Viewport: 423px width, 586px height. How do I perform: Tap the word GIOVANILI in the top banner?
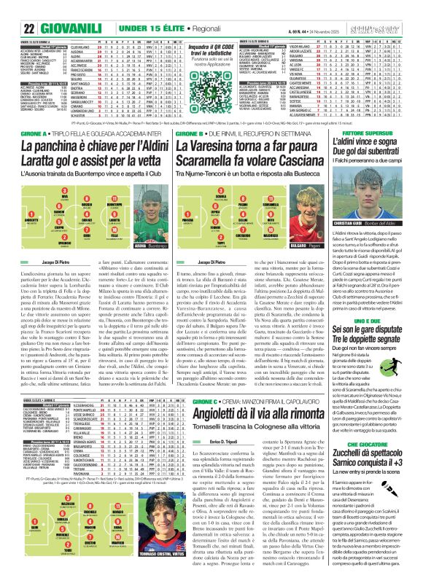coord(47,9)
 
